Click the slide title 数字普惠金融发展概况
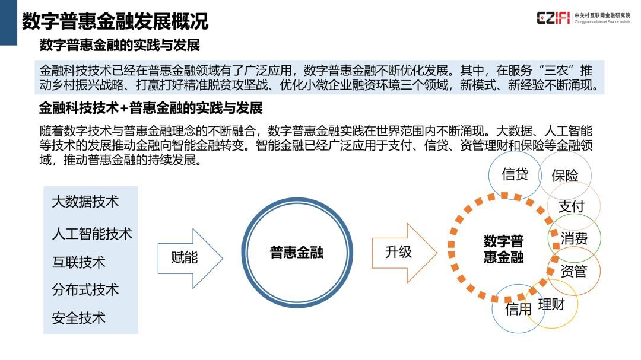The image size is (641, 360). point(115,21)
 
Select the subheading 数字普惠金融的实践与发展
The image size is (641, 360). point(120,45)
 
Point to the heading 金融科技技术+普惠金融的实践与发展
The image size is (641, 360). point(151,109)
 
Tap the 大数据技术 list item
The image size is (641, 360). point(85,202)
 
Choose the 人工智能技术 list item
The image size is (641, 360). point(92,234)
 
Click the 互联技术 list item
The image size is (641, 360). point(78,262)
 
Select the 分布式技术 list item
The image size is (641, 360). point(85,289)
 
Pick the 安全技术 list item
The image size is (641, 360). point(78,318)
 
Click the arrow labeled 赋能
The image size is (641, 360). point(190,258)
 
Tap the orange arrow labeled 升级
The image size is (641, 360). point(404,253)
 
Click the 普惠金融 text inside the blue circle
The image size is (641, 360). point(297,253)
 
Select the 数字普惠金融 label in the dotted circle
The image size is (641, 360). point(504,249)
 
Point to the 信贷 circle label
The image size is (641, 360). point(515,174)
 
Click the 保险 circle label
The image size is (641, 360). point(565,176)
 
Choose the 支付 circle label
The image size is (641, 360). point(572,206)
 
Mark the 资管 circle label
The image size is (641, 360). point(574,271)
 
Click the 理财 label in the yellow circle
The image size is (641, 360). point(551,304)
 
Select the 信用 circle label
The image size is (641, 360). point(518,309)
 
